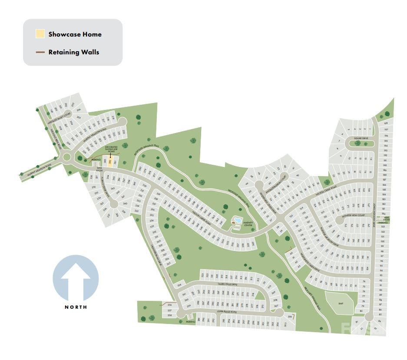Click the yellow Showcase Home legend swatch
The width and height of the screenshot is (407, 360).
(x=40, y=34)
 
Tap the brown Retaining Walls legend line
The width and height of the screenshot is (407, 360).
(x=40, y=52)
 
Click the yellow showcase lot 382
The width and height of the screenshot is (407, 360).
(x=110, y=162)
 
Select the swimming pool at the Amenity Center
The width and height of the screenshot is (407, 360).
(x=238, y=220)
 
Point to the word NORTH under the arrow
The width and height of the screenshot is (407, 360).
(x=76, y=307)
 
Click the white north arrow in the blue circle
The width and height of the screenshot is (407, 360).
(x=76, y=278)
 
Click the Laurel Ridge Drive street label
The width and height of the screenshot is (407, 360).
(x=225, y=284)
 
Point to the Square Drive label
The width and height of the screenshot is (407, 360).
(x=361, y=139)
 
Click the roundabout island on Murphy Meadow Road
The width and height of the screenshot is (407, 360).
(x=67, y=157)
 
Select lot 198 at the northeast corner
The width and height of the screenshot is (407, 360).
(x=385, y=123)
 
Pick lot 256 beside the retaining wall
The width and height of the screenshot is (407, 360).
(x=169, y=305)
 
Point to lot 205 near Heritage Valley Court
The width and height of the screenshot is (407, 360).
(x=79, y=117)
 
